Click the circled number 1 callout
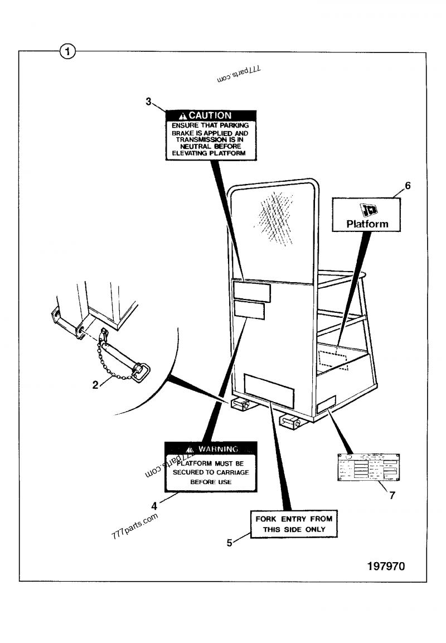67,52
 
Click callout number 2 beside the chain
95,384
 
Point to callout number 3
149,101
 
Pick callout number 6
408,186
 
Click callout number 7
392,495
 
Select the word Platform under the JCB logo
367,224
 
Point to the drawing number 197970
386,567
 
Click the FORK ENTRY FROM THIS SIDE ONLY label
294,524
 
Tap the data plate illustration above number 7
369,467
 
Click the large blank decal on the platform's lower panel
269,391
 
